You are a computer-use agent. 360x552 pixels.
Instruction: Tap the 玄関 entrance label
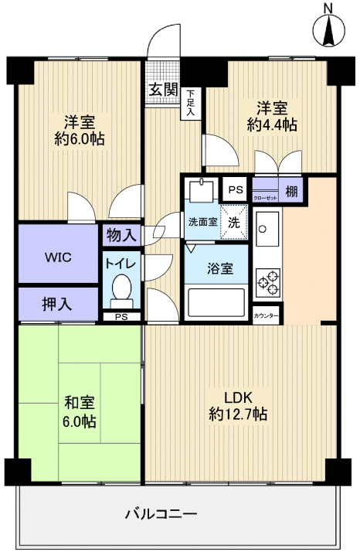161,90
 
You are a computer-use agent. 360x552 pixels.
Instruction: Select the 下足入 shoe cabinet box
189,102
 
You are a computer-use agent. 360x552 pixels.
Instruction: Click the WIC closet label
58,257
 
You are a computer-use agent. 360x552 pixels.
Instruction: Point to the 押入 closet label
57,303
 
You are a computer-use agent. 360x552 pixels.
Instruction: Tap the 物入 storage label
121,234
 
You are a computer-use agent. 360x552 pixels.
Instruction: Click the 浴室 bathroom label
216,270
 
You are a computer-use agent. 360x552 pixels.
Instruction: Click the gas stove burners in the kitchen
267,281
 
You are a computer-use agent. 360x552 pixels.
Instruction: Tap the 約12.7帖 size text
238,415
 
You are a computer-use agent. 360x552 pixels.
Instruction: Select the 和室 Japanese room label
80,403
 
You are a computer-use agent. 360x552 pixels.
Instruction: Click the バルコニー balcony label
161,513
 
